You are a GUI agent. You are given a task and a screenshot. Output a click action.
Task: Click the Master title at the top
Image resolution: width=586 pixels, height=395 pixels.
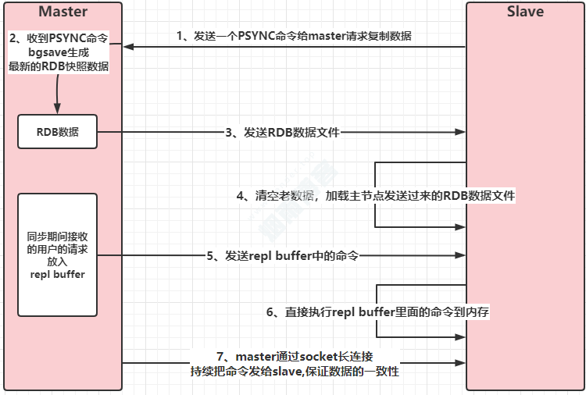[63, 12]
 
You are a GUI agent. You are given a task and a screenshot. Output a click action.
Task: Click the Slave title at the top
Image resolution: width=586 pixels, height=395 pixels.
[525, 12]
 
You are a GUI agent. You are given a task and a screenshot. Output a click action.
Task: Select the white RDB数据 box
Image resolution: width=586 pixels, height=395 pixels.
[57, 132]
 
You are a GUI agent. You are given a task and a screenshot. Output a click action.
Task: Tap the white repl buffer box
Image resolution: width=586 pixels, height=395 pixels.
[57, 254]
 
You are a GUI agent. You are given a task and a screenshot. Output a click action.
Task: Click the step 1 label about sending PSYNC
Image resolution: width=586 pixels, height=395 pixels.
[294, 36]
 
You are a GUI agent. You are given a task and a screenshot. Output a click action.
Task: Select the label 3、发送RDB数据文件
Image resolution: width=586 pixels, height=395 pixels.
[283, 133]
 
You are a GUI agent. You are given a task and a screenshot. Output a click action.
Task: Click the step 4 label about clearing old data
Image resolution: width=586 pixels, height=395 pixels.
[376, 196]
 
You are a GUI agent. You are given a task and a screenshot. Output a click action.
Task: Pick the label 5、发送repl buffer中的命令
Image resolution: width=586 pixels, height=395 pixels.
[283, 255]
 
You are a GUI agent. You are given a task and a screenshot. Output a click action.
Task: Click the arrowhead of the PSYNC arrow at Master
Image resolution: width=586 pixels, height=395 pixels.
[127, 47]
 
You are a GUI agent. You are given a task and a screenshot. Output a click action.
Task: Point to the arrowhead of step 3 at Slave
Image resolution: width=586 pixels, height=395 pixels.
[462, 133]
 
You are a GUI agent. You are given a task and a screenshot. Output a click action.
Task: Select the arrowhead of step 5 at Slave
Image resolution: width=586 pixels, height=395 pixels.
[462, 255]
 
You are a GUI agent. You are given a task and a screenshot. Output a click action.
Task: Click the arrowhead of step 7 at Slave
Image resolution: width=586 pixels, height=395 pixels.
[462, 363]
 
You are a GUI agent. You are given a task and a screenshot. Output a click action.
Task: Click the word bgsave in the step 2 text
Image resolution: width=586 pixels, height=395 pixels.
[59, 52]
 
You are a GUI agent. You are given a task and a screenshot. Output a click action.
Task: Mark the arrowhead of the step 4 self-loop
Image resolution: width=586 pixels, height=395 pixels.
[462, 227]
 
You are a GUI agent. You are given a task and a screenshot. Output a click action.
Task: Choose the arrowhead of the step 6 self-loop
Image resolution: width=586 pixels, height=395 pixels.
[462, 337]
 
